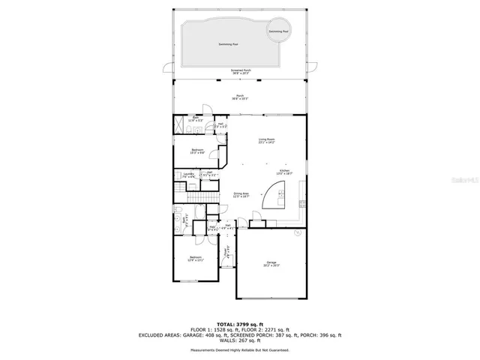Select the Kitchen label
pos(284,172)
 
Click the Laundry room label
pos(188,175)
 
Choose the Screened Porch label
pos(240,72)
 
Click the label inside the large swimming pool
pos(228,44)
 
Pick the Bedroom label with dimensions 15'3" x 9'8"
pos(196,151)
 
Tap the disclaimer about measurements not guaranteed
pos(240,350)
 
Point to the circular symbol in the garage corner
pos(297,233)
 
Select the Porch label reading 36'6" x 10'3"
pos(240,97)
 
